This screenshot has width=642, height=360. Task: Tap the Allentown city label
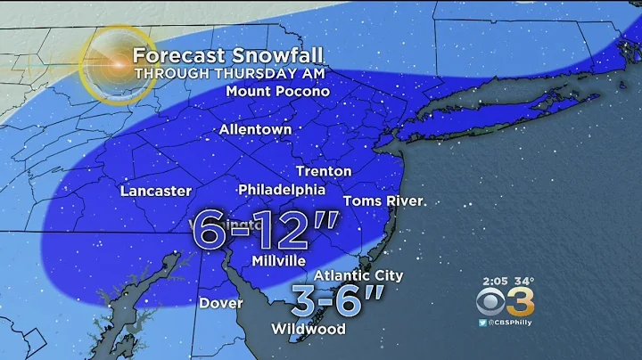tap(257, 130)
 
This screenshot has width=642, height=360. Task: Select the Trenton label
tap(323, 170)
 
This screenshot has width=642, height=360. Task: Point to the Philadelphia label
tap(282, 190)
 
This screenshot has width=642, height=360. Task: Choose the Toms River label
tap(383, 200)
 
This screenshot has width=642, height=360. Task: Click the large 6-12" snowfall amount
tap(266, 233)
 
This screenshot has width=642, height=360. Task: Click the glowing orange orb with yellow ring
tap(116, 65)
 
